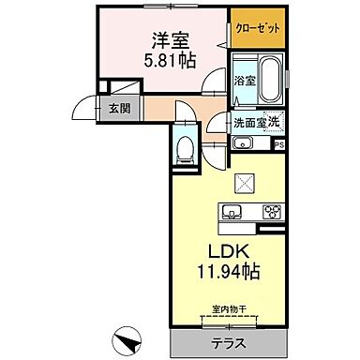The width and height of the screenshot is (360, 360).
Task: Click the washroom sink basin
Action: (242, 143)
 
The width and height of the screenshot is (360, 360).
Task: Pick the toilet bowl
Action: (185, 146)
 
